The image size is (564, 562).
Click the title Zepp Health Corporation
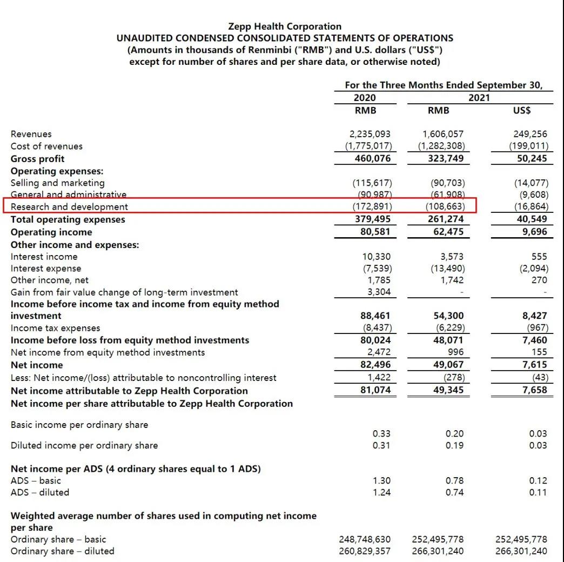(x=285, y=26)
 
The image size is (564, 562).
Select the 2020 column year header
(x=366, y=98)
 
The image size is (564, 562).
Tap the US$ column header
(x=521, y=110)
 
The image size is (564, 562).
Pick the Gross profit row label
(x=37, y=159)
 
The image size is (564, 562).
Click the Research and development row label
(x=69, y=207)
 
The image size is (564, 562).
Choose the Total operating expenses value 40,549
(x=532, y=219)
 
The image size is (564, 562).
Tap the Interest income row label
(x=44, y=257)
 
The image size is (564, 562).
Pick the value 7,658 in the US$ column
(x=534, y=390)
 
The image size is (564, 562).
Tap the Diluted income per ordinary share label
(x=84, y=446)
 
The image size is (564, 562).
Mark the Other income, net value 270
(x=539, y=280)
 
